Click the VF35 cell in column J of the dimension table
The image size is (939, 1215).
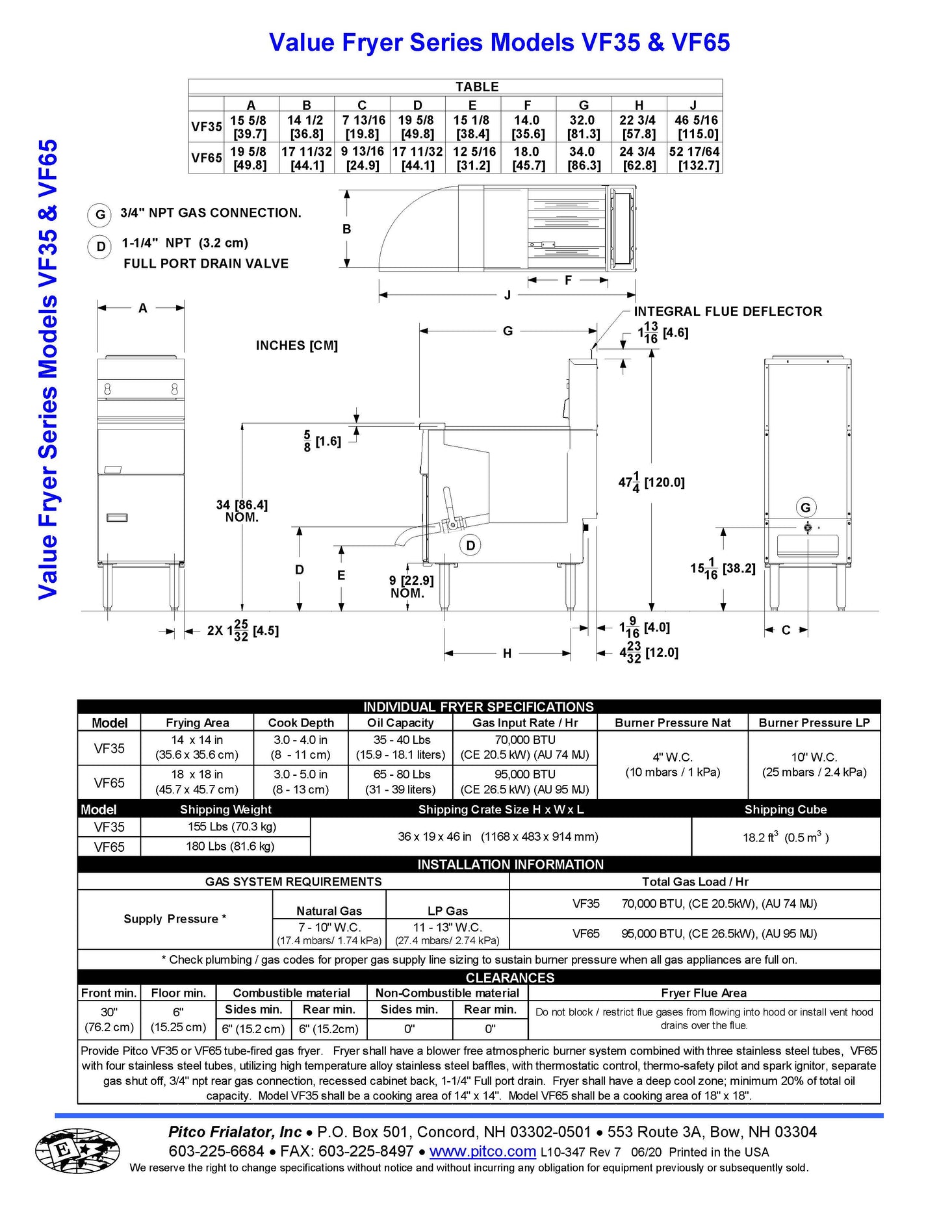696,127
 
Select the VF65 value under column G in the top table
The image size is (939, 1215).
582,158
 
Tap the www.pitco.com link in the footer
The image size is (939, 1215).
482,1151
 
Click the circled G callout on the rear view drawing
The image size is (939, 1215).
806,508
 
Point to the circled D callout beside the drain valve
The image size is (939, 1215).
470,546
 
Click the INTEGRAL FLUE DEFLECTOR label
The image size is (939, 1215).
728,311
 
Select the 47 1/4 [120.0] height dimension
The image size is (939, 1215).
651,482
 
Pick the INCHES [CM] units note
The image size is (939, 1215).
296,346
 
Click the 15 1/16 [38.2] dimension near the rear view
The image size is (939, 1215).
723,569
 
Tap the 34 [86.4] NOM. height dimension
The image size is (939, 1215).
242,511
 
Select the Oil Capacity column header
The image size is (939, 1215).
400,723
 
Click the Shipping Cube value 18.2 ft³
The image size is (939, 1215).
786,837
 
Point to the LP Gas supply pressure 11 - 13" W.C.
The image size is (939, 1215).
447,928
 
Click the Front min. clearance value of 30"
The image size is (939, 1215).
109,1019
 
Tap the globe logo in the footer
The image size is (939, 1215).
77,1151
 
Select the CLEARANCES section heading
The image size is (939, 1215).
510,978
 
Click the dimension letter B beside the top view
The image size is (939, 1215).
347,229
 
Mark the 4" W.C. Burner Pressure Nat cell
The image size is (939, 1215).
673,764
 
